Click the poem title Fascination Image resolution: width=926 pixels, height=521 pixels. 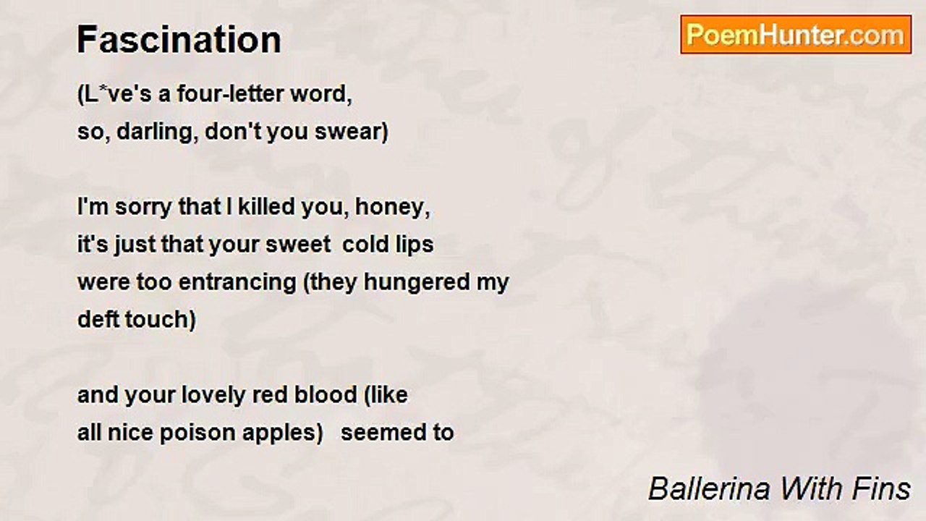(x=179, y=40)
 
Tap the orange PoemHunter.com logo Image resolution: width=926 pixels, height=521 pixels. (x=796, y=35)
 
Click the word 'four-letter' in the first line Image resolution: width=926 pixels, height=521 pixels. (x=231, y=94)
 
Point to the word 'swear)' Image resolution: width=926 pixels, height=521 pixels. (x=352, y=132)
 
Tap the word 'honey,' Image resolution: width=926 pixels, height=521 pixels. (x=393, y=208)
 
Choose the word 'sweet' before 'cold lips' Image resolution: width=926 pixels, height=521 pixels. (x=297, y=245)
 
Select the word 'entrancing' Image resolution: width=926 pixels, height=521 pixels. (x=238, y=283)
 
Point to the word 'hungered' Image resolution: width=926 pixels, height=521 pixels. (x=417, y=283)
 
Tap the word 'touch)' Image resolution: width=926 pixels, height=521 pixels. (x=161, y=320)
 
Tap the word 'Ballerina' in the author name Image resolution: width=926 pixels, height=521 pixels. (x=710, y=489)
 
